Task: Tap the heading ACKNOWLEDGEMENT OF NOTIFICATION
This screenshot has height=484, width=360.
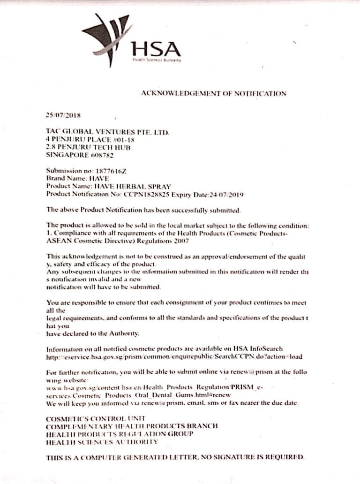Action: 213,93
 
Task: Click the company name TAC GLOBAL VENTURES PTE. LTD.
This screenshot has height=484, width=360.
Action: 108,133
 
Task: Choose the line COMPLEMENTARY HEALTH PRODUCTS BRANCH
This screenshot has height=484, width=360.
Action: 132,426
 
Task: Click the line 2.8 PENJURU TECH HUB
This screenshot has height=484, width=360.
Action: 88,147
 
